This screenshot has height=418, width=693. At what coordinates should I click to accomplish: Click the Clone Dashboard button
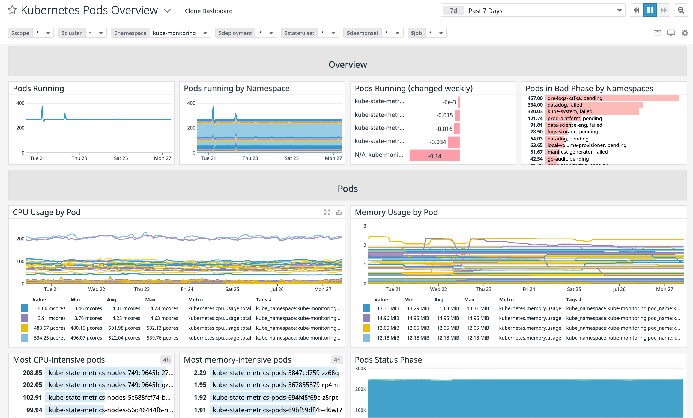(x=208, y=11)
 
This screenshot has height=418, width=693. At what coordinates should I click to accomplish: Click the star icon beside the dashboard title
(x=12, y=10)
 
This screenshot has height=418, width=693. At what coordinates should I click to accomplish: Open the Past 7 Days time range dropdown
(x=533, y=10)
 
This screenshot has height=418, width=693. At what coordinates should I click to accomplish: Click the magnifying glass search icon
(x=681, y=10)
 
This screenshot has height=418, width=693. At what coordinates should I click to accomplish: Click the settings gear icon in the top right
(x=685, y=33)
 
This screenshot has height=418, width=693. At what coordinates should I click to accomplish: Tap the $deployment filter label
(x=235, y=33)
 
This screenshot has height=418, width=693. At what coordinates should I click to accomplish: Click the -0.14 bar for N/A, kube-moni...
(x=434, y=156)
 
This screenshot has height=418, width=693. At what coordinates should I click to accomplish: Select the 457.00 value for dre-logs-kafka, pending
(x=535, y=98)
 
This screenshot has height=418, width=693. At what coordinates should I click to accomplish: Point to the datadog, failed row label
(x=564, y=105)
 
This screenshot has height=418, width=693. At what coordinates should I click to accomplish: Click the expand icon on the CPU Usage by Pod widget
(x=327, y=212)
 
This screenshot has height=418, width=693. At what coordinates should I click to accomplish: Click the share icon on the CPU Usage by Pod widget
(x=339, y=212)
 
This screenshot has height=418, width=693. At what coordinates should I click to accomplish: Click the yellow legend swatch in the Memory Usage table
(x=366, y=328)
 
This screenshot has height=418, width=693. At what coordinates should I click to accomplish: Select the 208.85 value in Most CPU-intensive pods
(x=32, y=373)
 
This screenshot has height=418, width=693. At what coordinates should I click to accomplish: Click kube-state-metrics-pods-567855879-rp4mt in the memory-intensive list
(x=276, y=385)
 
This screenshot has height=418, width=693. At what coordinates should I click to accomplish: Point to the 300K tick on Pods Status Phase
(x=361, y=369)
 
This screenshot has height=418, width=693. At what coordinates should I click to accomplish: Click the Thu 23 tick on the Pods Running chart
(x=79, y=158)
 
